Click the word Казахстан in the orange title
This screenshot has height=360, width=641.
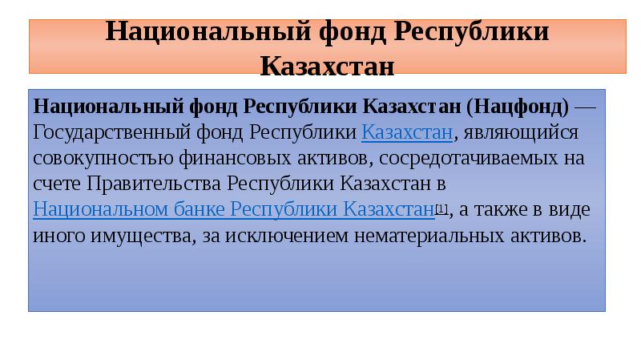point(327,64)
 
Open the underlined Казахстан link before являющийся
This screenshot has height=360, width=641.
point(406,131)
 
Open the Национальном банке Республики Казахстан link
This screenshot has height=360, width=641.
point(233,210)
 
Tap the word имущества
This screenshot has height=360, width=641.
point(135,237)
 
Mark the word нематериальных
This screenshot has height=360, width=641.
point(431,237)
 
